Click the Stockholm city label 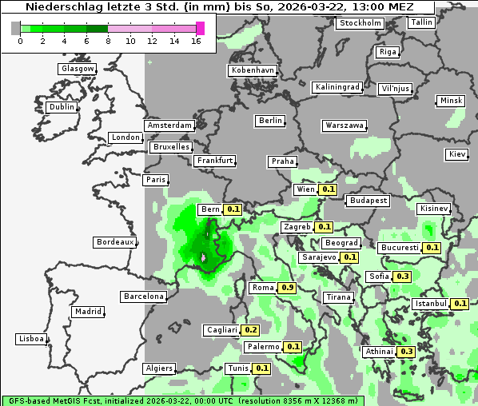point(360,22)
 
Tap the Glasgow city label point(78,69)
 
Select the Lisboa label point(31,339)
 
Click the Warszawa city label point(345,125)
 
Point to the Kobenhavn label point(253,70)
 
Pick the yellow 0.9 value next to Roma point(288,288)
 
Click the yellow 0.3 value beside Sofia point(403,277)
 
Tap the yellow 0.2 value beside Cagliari point(251,330)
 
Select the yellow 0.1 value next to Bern point(233,209)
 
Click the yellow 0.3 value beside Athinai point(406,352)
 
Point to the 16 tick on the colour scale point(196,41)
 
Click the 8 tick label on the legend point(108,41)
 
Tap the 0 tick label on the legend point(19,41)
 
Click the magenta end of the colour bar point(201,28)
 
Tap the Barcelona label point(144,297)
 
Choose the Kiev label point(457,153)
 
